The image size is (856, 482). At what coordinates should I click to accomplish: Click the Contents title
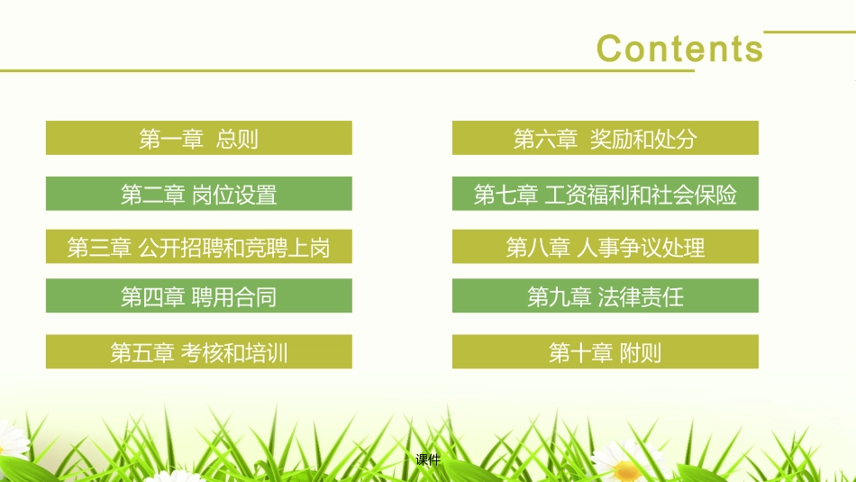pos(679,48)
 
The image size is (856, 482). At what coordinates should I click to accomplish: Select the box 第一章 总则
pos(198,138)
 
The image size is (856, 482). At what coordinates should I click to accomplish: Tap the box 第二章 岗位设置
pos(198,194)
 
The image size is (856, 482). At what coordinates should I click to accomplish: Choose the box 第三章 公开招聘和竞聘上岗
pos(198,247)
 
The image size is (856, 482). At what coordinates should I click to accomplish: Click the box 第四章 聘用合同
pos(198,296)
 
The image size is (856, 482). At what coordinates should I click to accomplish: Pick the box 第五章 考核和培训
pos(198,352)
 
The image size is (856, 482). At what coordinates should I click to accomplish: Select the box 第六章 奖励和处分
pos(605,138)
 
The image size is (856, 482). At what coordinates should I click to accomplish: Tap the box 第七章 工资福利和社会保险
pos(605,194)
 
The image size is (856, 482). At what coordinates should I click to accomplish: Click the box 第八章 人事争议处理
pos(605,247)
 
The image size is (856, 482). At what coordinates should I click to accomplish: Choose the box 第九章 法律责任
pos(605,296)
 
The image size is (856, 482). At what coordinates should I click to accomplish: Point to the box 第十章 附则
pos(605,352)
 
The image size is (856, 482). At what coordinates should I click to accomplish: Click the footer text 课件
pos(428,460)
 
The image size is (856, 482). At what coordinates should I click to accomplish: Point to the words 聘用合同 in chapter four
pos(234,296)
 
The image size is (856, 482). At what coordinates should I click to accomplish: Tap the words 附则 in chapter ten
pos(641,352)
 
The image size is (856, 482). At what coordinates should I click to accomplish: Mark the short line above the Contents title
pos(808,32)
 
